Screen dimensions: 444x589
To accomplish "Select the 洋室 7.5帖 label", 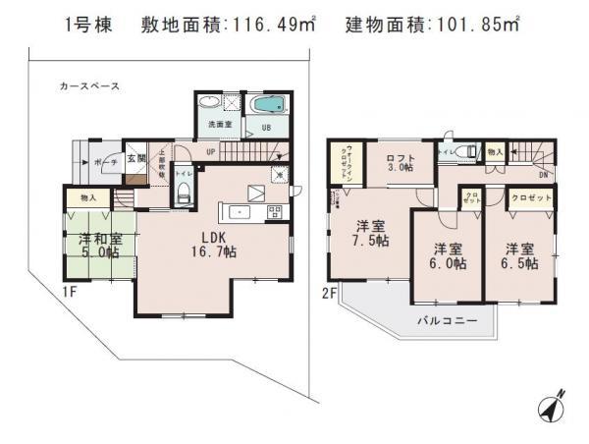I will [371, 232].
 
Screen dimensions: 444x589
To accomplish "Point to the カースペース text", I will [88, 86].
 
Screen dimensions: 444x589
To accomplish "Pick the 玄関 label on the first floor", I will [136, 158].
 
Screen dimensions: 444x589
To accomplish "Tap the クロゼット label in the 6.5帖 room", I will [530, 198].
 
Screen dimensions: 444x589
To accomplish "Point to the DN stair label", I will [543, 176].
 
